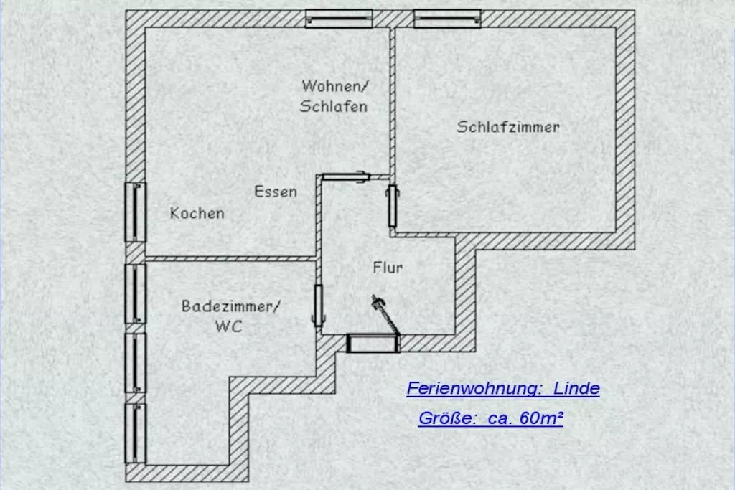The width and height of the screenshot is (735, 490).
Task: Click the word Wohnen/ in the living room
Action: pos(334,86)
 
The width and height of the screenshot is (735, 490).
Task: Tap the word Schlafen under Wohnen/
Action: pos(334,107)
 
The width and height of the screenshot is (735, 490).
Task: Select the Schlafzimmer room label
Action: pos(508,127)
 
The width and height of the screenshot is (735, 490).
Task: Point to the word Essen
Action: pos(275,192)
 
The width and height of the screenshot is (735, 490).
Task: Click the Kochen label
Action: pos(197,213)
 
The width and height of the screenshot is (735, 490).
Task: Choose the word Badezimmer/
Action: pos(230,306)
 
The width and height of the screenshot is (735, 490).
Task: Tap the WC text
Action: pos(228,326)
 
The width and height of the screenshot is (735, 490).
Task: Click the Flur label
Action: pos(388,268)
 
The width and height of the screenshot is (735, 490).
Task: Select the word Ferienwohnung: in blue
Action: pos(474,389)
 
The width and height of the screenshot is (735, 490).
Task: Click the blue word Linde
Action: pos(577,389)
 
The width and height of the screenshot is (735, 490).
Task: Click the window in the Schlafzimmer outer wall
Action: pos(447,18)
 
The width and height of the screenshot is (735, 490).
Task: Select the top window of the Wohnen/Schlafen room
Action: pos(339,18)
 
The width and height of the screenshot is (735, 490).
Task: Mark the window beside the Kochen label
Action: pos(136,212)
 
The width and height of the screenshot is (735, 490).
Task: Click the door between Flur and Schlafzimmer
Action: pos(393,205)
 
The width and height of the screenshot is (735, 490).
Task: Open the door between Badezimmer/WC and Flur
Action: pos(318,305)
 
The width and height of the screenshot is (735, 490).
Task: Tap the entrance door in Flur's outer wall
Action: pos(373,343)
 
